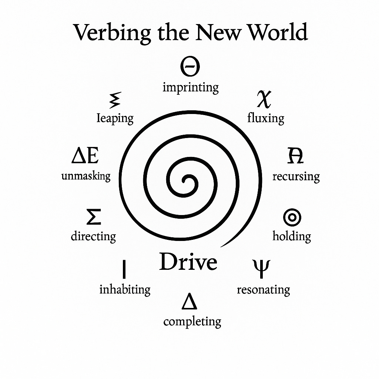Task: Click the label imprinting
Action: pos(190,88)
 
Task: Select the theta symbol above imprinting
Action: pos(190,67)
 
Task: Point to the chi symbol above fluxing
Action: pos(264,98)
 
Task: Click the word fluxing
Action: pos(265,118)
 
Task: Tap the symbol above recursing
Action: pos(295,155)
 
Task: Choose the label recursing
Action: pos(296,177)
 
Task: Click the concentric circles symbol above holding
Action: pos(292,217)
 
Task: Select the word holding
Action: pos(292,236)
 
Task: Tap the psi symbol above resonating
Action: pos(262,268)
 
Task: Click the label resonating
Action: pos(263,289)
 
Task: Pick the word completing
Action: pos(192,322)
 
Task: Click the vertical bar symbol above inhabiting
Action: pos(124,269)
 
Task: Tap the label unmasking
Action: pos(86,176)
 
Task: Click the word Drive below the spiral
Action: pos(188,262)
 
